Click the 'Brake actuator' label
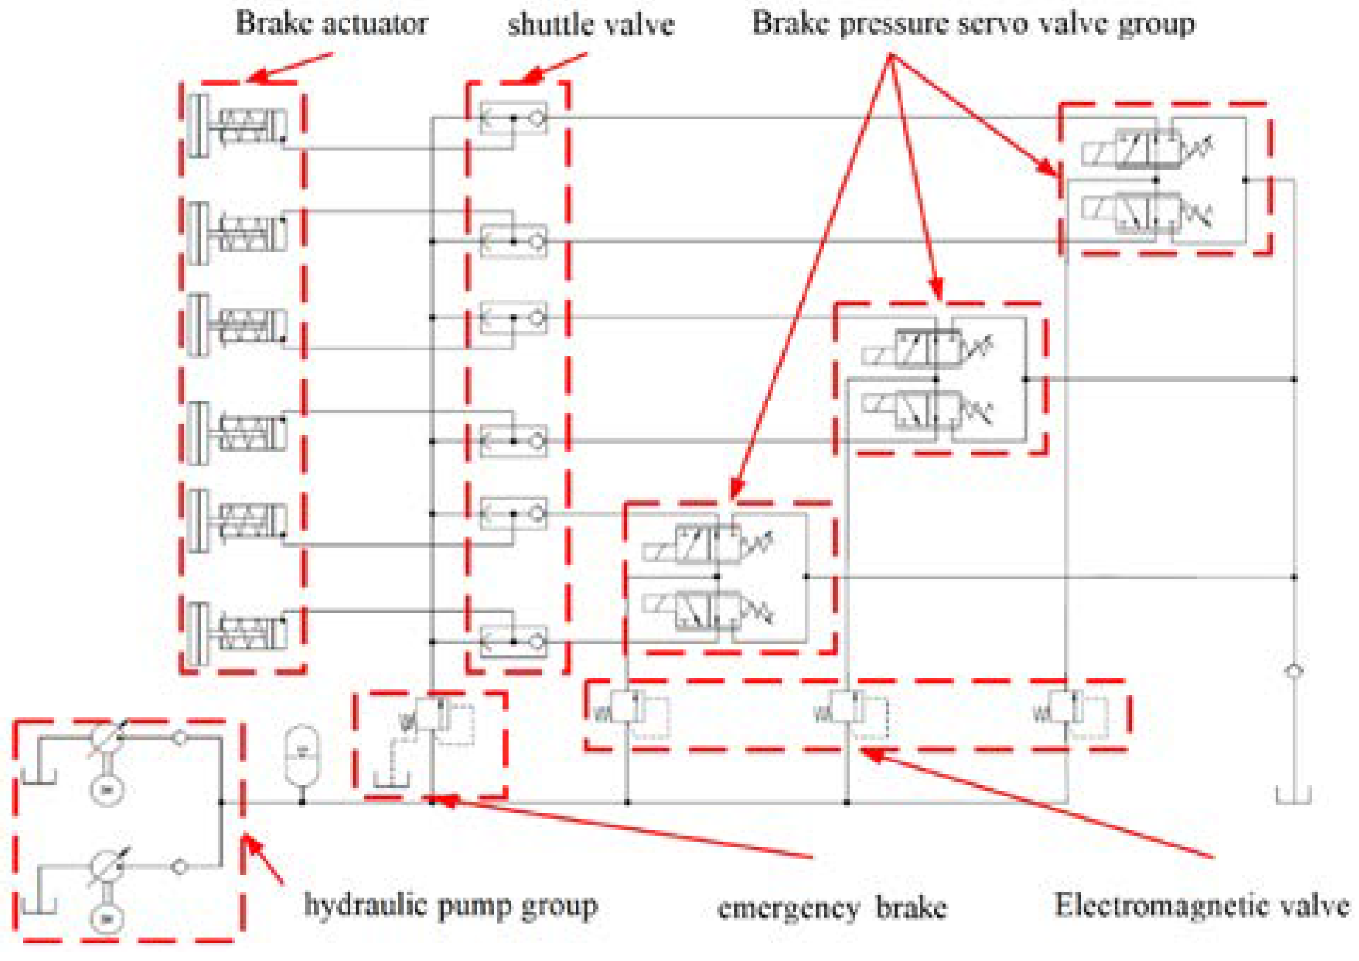pos(331,23)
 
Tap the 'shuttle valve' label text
pos(591,25)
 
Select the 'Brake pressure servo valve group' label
pos(973,23)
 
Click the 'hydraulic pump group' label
pos(451,905)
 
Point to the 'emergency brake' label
pos(831,908)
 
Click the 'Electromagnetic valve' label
pos(1201,905)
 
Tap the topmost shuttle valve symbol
pos(514,117)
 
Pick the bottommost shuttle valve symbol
pos(514,641)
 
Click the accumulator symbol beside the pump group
pos(302,755)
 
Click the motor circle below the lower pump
pos(107,919)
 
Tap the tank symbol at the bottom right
pos(1293,796)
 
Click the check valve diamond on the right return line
pos(1293,671)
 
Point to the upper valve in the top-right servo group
pos(1148,149)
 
